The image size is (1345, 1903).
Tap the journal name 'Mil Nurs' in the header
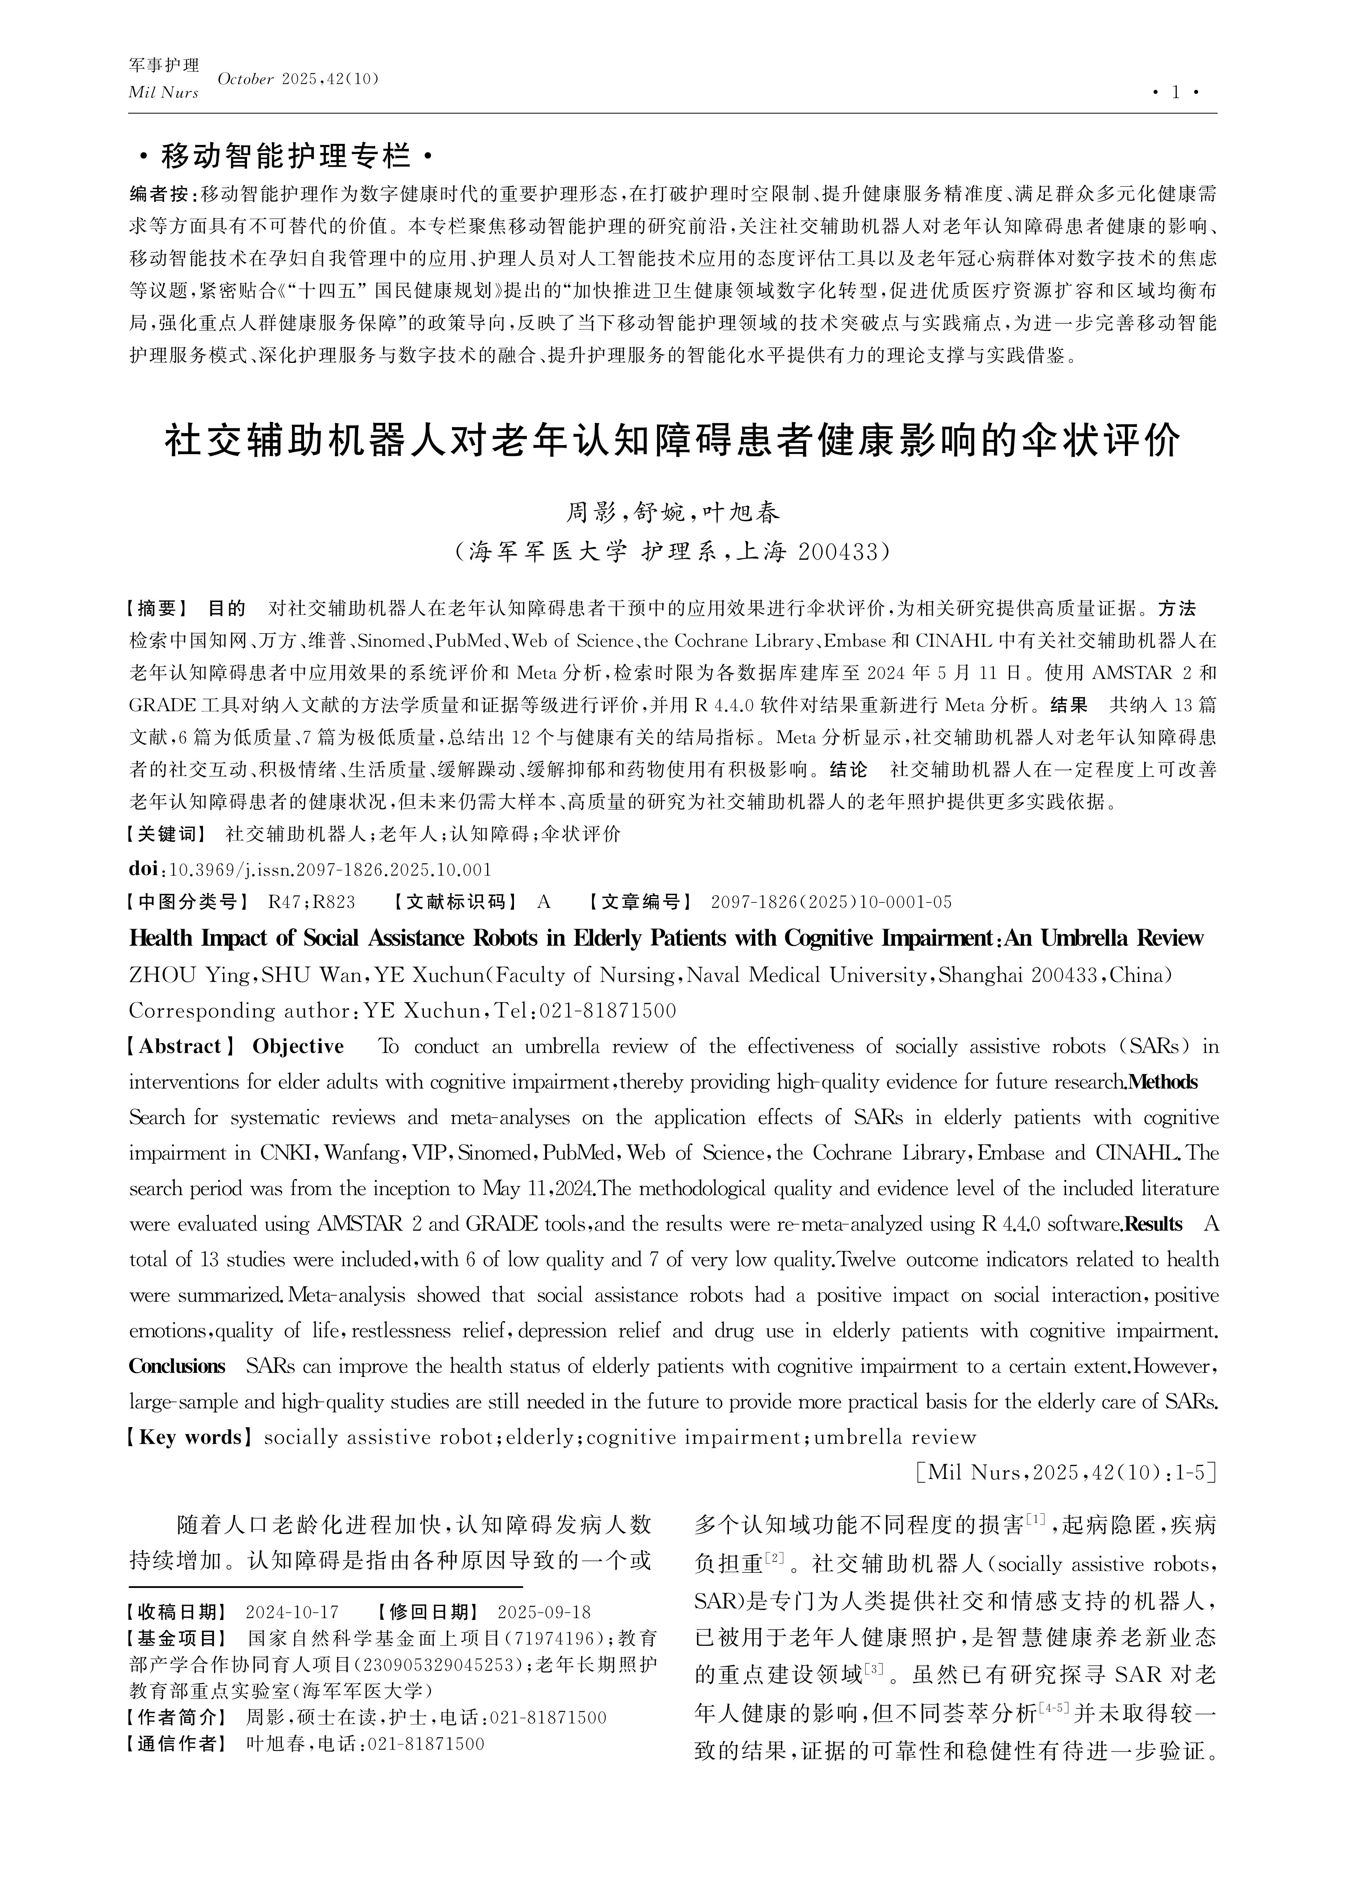[x=163, y=93]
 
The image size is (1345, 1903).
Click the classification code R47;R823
[x=312, y=902]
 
